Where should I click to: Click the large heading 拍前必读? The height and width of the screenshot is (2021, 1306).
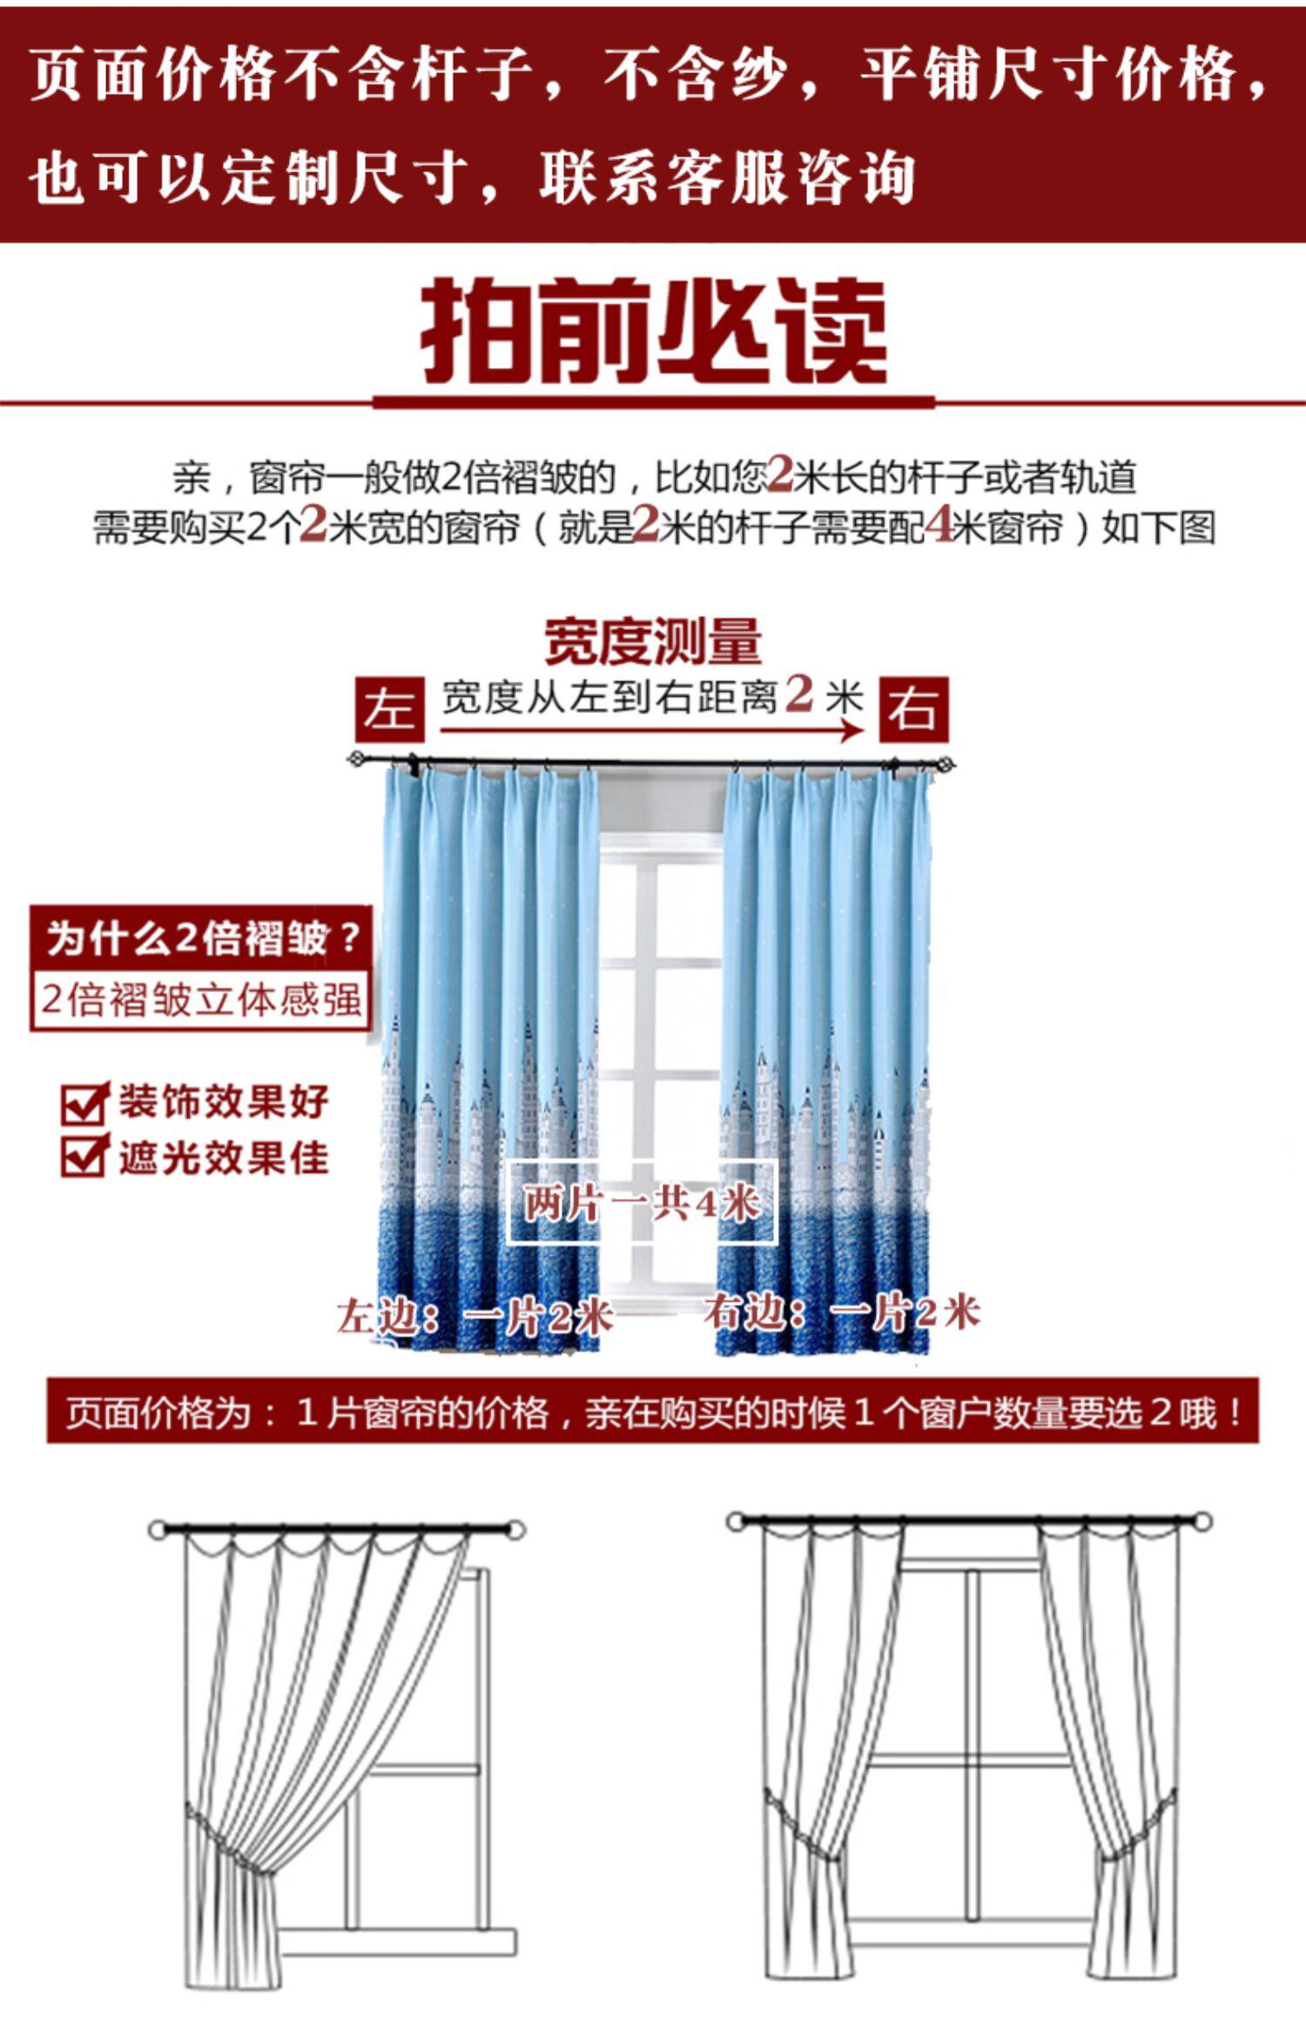653,332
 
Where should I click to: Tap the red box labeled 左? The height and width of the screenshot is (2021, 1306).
389,709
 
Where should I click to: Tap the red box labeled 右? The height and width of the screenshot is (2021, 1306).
912,709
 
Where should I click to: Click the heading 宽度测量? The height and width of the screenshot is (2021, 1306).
653,641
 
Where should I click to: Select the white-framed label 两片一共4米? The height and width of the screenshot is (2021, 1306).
642,1203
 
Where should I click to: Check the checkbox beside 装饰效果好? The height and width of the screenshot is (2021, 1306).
84,1104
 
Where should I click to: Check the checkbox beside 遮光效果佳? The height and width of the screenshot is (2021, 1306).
84,1157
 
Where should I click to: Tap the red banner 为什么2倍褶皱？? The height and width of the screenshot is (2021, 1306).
202,938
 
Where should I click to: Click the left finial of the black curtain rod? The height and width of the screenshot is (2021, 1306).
355,760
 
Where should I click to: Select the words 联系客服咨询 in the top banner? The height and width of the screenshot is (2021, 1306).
727,178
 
